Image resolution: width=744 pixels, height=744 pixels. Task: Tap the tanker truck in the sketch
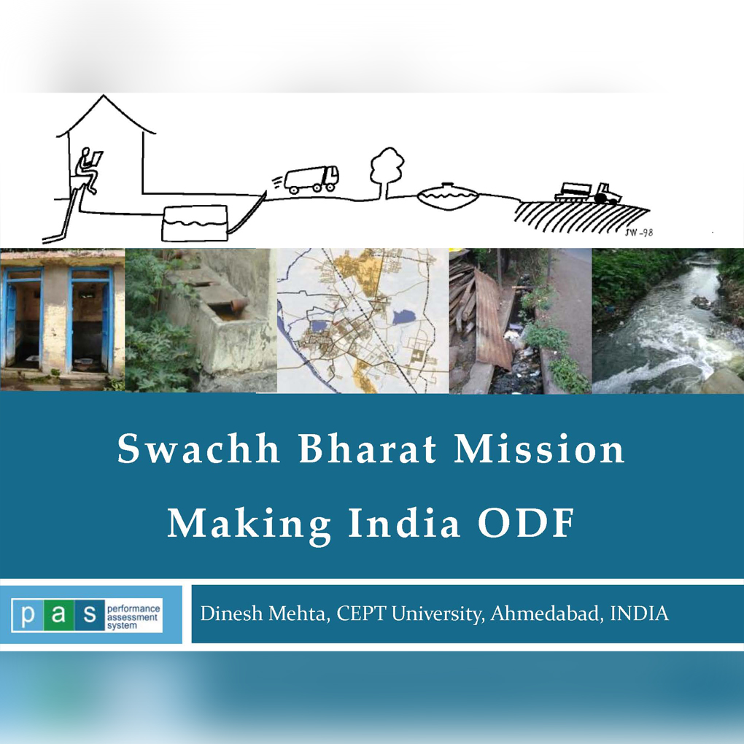pos(311,179)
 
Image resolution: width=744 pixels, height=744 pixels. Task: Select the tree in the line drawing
pos(387,171)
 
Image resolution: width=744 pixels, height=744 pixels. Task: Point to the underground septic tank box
pos(195,223)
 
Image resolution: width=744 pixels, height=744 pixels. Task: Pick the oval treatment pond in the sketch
pos(447,195)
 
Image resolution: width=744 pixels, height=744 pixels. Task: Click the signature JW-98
pos(639,232)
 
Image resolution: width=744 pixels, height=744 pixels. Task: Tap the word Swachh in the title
pos(198,448)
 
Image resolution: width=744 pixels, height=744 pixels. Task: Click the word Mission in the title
pos(539,448)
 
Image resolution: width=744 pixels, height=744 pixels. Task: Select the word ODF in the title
pos(526,522)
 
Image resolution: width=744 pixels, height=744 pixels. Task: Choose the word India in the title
pos(404,522)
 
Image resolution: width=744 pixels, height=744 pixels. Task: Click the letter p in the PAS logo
pos(28,615)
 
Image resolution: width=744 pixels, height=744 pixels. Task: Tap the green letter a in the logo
pos(58,615)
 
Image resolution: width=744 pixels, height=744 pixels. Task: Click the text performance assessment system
pos(133,617)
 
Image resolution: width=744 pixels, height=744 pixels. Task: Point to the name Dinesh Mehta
pos(264,613)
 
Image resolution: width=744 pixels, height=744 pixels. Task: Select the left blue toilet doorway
pos(24,320)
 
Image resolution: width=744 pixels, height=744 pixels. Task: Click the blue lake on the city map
pos(403,317)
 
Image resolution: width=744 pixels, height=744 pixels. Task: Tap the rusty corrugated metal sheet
pos(492,319)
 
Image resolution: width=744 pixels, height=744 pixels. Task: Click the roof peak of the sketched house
pos(104,96)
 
